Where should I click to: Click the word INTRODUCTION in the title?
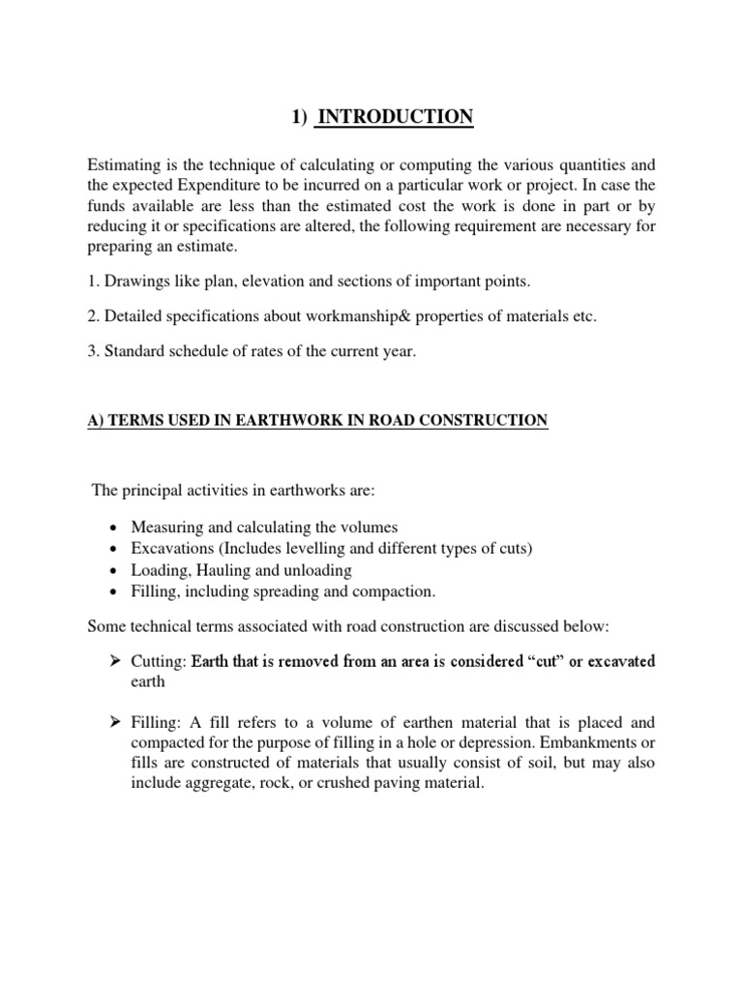(x=396, y=118)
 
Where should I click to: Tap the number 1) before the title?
(x=302, y=118)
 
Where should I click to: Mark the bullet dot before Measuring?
(x=116, y=528)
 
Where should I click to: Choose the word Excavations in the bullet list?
(x=173, y=549)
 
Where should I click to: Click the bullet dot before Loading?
(x=116, y=571)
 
